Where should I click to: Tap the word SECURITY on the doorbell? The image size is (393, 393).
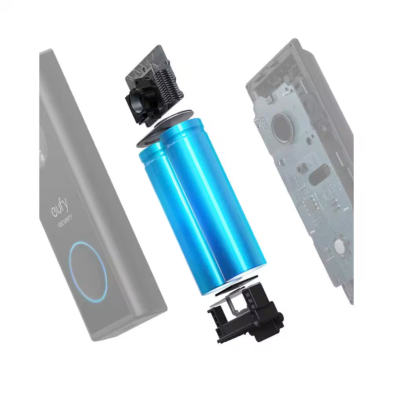tap(65, 221)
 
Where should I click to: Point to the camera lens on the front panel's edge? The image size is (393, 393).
tap(41, 155)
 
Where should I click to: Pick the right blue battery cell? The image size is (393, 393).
tap(213, 200)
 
